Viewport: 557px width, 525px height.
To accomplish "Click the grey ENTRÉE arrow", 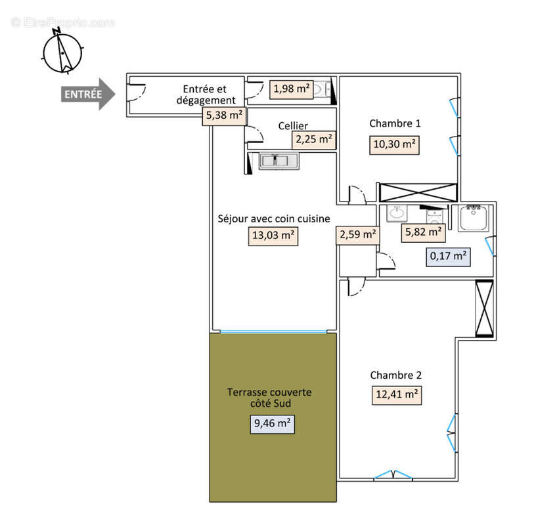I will (x=88, y=94).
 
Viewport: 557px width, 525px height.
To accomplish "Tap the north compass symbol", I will (x=62, y=52).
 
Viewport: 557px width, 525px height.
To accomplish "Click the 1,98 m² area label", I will (x=291, y=89).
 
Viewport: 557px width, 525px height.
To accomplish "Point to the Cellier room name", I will (x=292, y=125).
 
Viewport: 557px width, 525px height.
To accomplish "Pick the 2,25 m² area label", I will (x=314, y=139).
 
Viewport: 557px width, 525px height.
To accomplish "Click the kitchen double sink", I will (x=278, y=160).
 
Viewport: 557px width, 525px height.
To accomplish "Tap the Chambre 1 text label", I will (x=395, y=123).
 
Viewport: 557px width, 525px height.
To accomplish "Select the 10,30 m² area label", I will (x=394, y=144).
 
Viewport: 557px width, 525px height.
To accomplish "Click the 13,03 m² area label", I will (x=273, y=236).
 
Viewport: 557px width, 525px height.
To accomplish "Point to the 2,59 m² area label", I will (x=358, y=234).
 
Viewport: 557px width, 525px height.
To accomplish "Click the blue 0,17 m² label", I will (x=449, y=255).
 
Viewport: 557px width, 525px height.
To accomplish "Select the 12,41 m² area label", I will (x=395, y=394).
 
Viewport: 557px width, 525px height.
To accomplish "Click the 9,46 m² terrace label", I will (x=273, y=423).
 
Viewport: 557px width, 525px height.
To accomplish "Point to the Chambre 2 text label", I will (x=395, y=375).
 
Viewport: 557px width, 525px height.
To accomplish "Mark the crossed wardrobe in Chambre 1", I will (x=417, y=192).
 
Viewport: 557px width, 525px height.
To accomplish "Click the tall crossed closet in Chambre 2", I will (x=484, y=308).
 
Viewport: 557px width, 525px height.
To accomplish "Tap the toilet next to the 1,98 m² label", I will (x=323, y=90).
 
